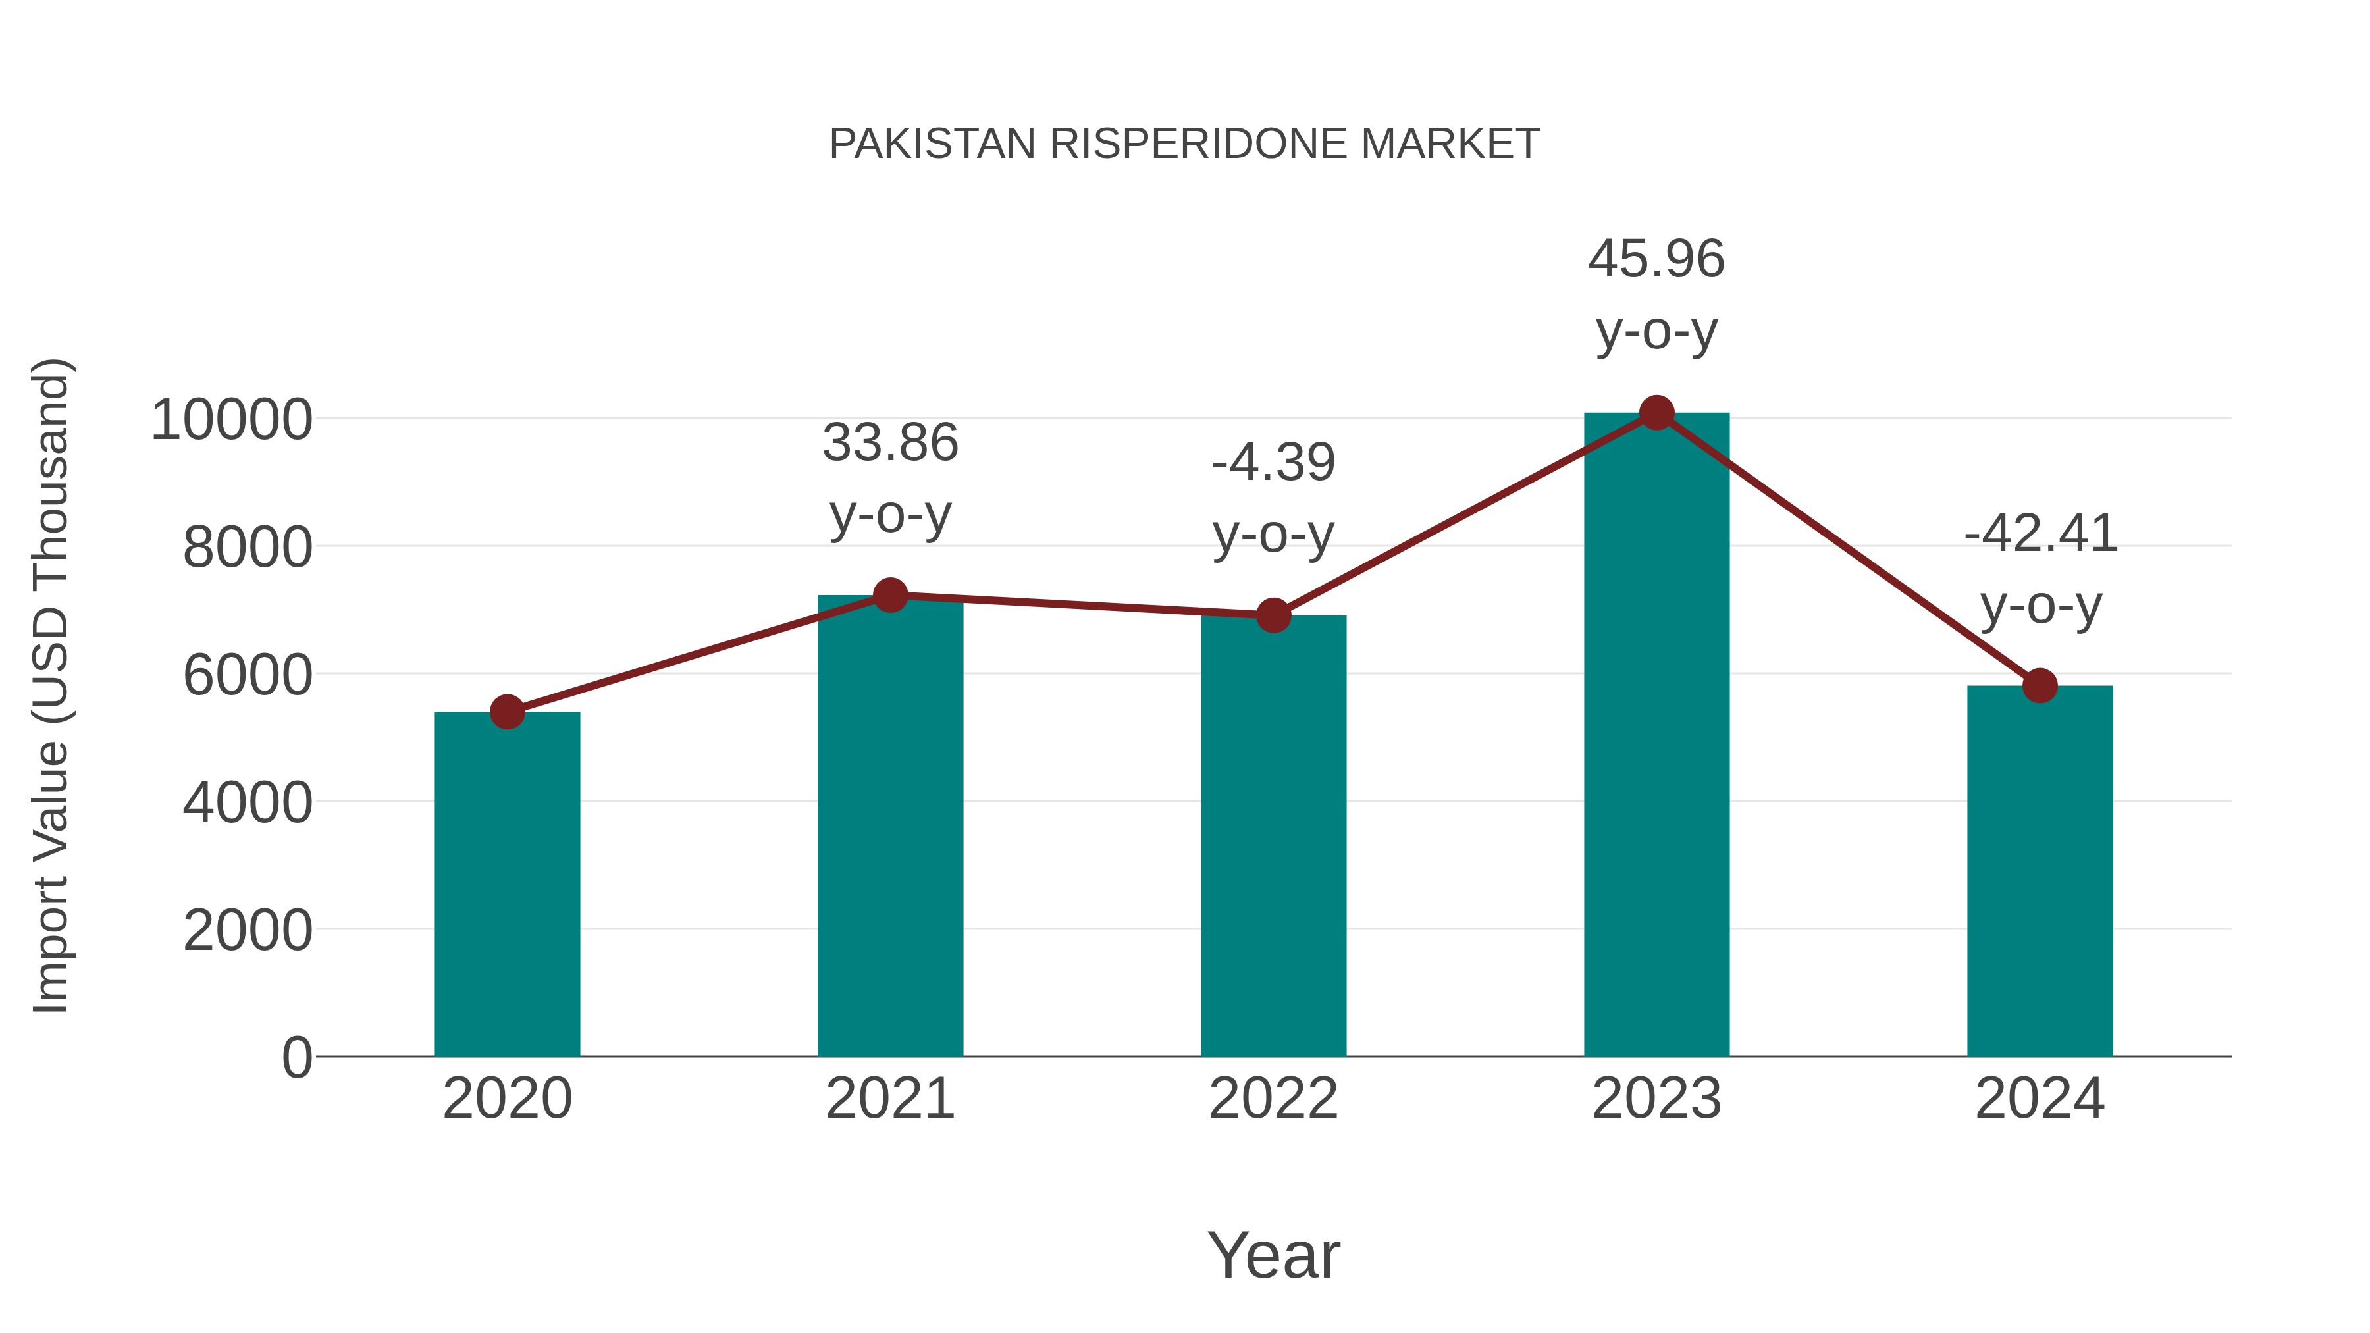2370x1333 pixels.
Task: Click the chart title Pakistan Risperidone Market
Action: (x=1184, y=144)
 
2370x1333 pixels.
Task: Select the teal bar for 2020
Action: (x=507, y=883)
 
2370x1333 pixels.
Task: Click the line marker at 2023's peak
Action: (x=1656, y=413)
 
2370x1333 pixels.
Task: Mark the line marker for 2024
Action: (x=2040, y=685)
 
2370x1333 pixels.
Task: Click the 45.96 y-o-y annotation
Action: (x=1656, y=294)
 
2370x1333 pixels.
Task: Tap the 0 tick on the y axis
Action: (x=296, y=1057)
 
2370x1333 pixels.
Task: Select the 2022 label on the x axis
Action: (x=1273, y=1099)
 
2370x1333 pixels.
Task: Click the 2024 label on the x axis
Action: (x=2040, y=1099)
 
